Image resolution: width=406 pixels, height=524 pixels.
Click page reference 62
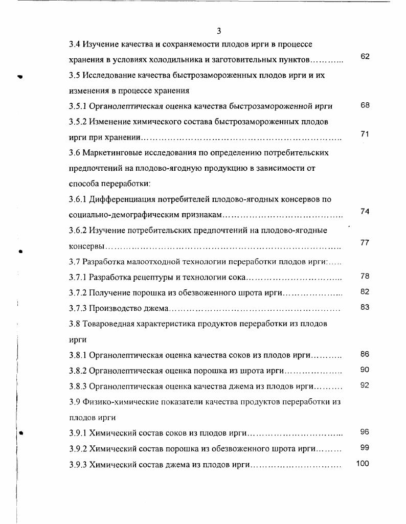click(x=365, y=56)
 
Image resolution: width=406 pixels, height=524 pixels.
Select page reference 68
click(x=365, y=105)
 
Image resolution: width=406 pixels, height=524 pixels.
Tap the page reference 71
click(x=365, y=134)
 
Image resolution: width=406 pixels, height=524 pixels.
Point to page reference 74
click(x=365, y=211)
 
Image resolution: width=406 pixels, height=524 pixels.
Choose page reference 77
click(x=365, y=242)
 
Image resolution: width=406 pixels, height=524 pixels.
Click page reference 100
click(x=363, y=464)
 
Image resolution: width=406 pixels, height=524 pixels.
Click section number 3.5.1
click(x=78, y=107)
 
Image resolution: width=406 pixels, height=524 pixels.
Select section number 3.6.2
click(x=78, y=231)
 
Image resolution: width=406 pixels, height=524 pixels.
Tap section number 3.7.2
click(x=78, y=293)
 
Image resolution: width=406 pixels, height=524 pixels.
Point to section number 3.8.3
click(x=78, y=386)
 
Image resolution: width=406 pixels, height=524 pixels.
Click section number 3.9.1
click(x=78, y=434)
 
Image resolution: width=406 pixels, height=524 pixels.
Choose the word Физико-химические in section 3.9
click(x=120, y=402)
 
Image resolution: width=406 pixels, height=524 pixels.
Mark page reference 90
click(x=365, y=370)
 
